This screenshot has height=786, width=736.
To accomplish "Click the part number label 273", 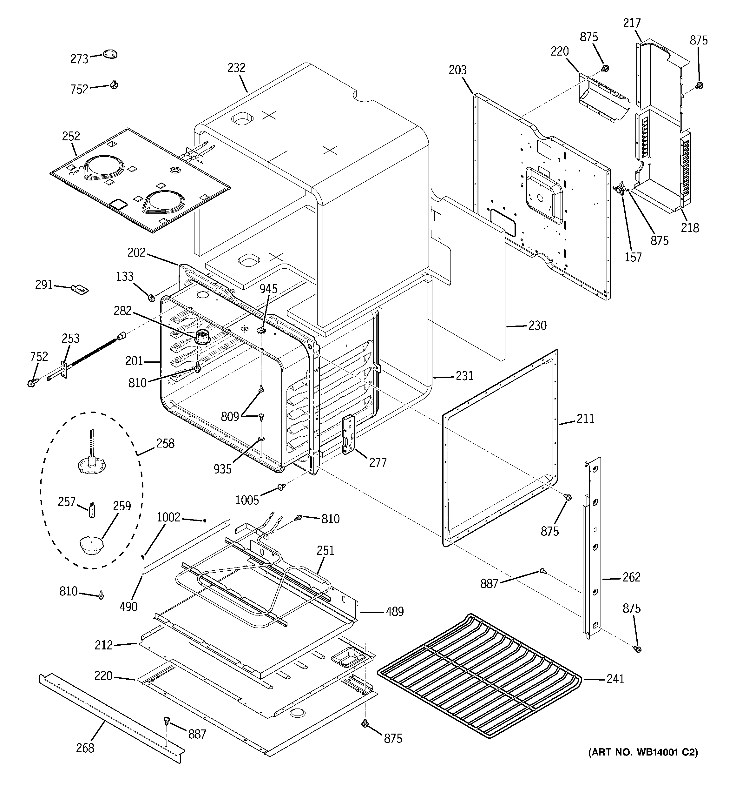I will click(79, 59).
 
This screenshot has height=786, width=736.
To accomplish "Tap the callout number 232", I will click(236, 68).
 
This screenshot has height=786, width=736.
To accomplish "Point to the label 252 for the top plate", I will click(71, 137).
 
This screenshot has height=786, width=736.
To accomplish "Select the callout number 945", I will click(268, 289).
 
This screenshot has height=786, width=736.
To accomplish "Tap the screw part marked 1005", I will click(282, 487).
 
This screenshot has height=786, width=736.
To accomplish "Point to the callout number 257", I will click(66, 502).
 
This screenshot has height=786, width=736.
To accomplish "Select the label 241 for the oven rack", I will click(615, 679).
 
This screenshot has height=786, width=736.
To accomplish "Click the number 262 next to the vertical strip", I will click(631, 577).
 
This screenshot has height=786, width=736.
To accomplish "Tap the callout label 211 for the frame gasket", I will click(585, 419).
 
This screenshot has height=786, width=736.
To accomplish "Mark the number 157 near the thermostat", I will click(633, 257).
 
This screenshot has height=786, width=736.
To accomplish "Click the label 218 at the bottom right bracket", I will click(690, 228).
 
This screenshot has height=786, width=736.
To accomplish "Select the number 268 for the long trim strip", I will click(85, 748).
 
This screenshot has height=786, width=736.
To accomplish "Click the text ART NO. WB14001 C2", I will click(643, 763).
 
